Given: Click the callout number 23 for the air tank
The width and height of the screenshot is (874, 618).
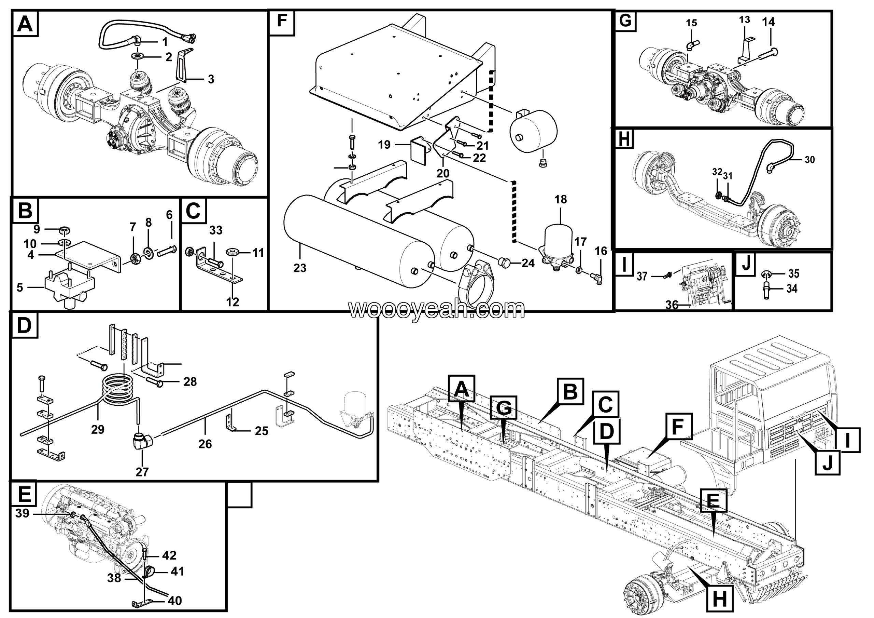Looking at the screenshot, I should [x=299, y=268].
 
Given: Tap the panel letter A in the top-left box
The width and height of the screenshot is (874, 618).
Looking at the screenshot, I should [x=25, y=24].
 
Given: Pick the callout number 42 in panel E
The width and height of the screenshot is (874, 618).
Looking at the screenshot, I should [x=169, y=555].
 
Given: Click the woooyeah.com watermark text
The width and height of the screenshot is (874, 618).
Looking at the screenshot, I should [x=437, y=310].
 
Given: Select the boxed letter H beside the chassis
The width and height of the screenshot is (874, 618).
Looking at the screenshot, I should [x=719, y=599].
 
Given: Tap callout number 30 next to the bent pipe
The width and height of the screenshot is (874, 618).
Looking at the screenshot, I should [x=810, y=160].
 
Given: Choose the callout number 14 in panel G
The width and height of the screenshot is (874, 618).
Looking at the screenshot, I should [x=768, y=22].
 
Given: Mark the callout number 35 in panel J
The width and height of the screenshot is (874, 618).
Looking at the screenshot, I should [x=794, y=273].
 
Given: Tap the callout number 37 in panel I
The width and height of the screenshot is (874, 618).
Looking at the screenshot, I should [x=642, y=276].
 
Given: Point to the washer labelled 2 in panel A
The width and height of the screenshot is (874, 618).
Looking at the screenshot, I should [x=138, y=57].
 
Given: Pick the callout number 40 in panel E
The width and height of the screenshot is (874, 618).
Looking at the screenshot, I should [x=174, y=601].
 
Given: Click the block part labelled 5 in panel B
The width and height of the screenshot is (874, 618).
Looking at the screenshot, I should [x=70, y=288].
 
